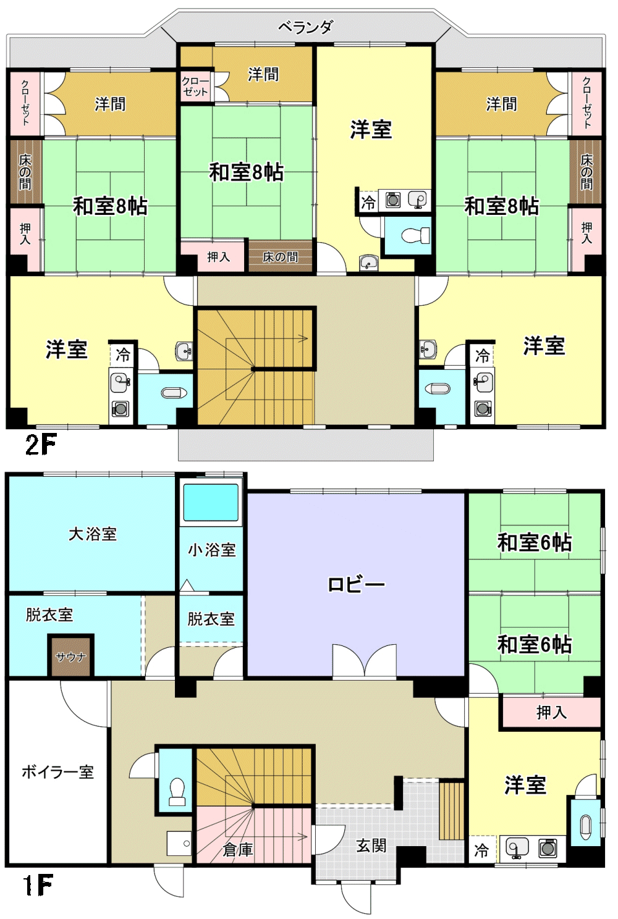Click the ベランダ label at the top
(x=305, y=27)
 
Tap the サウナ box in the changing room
(x=70, y=657)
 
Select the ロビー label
(x=356, y=584)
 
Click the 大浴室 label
(x=93, y=534)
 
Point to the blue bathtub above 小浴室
(x=211, y=503)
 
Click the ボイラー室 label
(x=58, y=772)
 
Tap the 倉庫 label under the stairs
(x=237, y=849)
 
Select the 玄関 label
(x=371, y=845)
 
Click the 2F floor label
(x=40, y=445)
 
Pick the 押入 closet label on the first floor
(x=551, y=713)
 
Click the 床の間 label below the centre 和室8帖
(x=281, y=258)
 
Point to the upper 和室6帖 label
(x=534, y=542)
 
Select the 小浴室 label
(x=212, y=550)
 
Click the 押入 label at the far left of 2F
(x=25, y=233)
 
